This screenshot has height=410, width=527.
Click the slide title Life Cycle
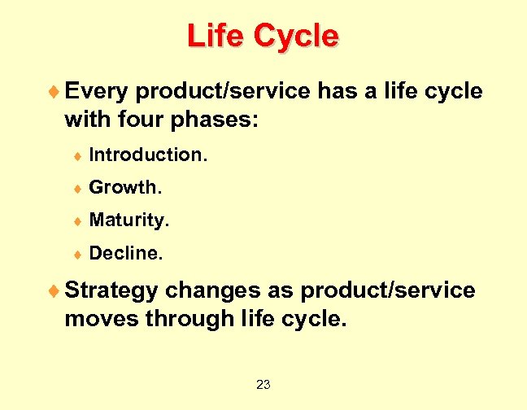263,37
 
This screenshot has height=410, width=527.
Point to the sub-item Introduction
148,154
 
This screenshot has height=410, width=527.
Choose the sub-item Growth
126,187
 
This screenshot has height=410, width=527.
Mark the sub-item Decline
126,254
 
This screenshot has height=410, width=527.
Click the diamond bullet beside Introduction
79,155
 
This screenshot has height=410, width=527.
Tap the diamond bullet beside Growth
79,188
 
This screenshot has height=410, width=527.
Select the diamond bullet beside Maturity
79,221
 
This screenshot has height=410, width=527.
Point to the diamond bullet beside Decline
79,255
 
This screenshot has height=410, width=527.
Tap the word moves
101,319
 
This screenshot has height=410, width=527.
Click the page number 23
263,384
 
